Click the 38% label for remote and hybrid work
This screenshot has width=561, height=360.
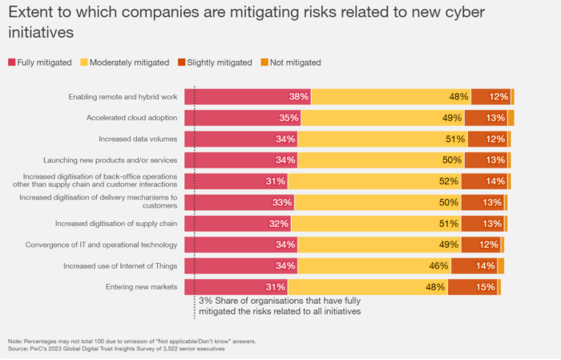click(x=299, y=97)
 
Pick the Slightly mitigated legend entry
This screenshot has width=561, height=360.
click(x=216, y=62)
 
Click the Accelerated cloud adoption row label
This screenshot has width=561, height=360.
click(x=131, y=118)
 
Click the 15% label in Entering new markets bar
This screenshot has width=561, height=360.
click(x=485, y=286)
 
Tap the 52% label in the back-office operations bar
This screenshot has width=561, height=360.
click(x=450, y=181)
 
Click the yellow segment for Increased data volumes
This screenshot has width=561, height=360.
click(x=377, y=139)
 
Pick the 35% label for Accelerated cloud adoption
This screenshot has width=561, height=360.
click(x=289, y=118)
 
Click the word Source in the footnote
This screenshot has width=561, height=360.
click(x=18, y=350)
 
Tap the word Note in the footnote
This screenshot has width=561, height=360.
click(x=15, y=342)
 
